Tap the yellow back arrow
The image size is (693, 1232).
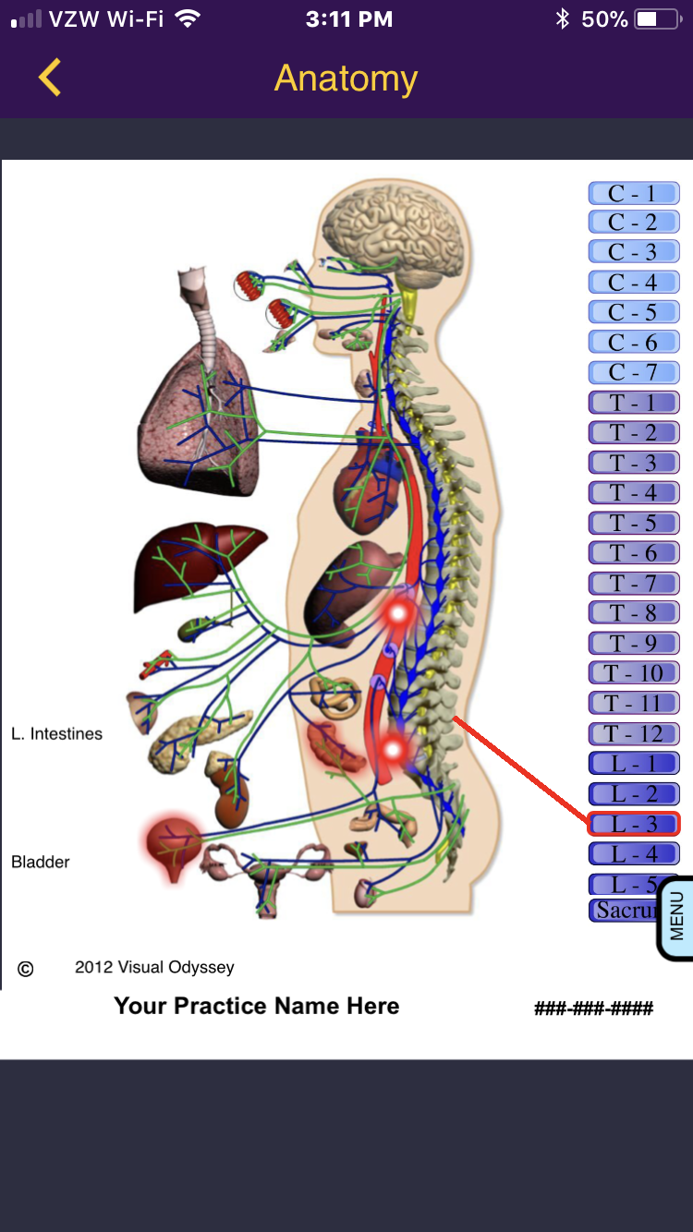point(50,78)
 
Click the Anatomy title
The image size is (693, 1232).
point(346,79)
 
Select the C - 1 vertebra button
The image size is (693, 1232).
point(634,193)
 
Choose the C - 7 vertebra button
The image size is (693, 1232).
point(634,372)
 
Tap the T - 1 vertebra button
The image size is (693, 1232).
point(634,403)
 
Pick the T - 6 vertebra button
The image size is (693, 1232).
point(634,552)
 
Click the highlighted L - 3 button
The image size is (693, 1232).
point(634,823)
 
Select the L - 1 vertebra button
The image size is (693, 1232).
point(634,764)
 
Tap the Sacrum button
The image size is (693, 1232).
point(623,910)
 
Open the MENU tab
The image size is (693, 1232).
point(676,916)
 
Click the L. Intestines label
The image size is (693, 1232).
point(57,734)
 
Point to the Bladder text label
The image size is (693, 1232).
point(41,862)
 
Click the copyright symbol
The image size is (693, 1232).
point(26,969)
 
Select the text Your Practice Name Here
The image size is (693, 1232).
point(257,1006)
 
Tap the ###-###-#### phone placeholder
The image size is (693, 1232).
point(593,1008)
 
